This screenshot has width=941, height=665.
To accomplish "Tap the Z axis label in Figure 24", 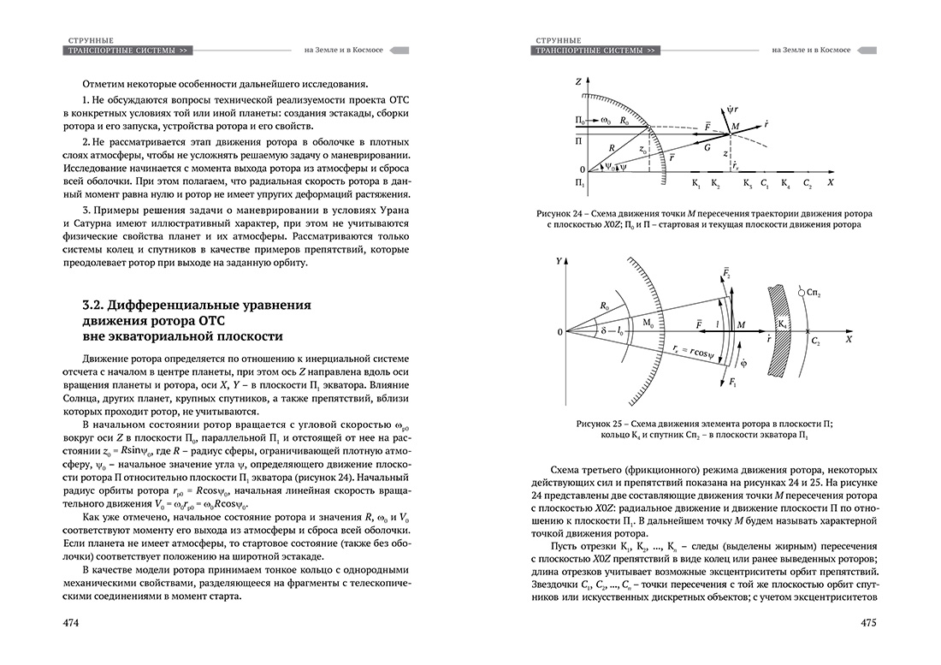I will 578,80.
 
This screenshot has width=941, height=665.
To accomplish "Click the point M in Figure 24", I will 733,128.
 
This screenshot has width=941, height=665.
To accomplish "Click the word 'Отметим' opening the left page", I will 104,83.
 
